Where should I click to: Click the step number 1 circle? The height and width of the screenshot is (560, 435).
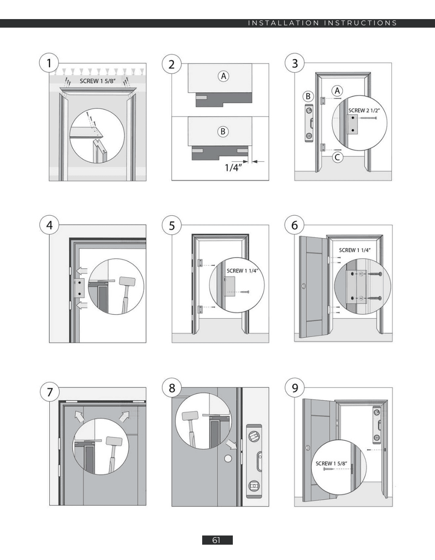coord(49,63)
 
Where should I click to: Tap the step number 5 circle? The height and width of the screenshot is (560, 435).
coord(172,226)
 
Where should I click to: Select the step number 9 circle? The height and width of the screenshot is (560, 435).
coord(295,388)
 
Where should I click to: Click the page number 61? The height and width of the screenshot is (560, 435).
coord(217,540)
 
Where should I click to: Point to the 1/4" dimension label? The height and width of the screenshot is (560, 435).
coord(233,168)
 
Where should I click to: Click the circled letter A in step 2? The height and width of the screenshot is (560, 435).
coord(223,76)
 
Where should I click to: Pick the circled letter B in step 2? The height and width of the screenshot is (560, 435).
coord(223,131)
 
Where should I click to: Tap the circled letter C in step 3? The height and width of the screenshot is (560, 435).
coord(337,157)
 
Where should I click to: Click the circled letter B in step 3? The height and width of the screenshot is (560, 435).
coord(308,96)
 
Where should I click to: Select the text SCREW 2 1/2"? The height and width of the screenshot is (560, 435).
coord(364,110)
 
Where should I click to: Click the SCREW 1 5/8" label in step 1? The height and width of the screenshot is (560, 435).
coord(98,81)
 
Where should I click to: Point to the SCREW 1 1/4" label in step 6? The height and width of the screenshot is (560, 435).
coord(355,250)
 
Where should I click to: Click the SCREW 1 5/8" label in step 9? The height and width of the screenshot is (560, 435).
coord(331,463)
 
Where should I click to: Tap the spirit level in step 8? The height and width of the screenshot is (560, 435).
coord(254,461)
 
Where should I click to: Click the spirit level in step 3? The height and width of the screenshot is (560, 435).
coord(309,123)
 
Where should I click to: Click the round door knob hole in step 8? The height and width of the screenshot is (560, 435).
coord(227,459)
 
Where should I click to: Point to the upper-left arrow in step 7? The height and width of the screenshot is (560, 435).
coord(79,416)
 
